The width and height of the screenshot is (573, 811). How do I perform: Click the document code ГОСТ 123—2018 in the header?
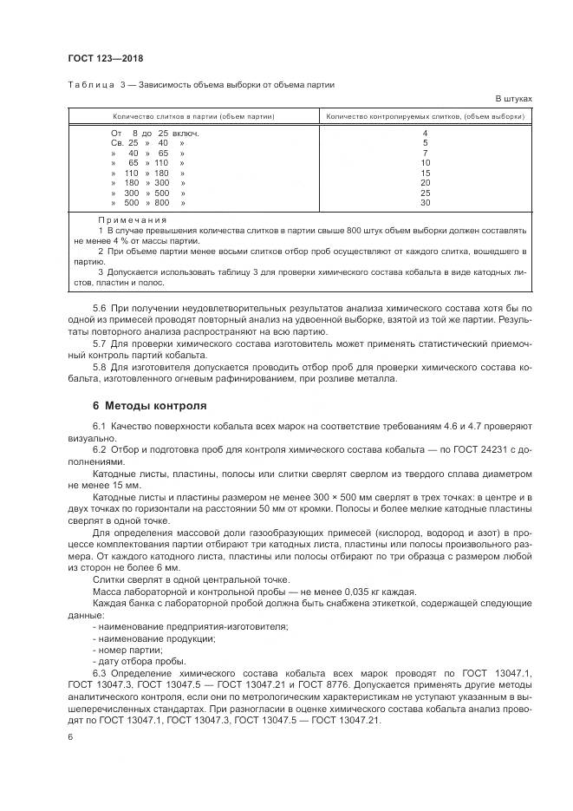point(105,58)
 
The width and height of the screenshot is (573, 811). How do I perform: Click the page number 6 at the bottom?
point(70,736)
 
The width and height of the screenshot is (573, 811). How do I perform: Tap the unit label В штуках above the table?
point(513,99)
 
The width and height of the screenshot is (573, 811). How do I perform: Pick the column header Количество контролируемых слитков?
point(425,115)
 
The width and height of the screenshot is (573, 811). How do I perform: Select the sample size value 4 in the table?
point(425,133)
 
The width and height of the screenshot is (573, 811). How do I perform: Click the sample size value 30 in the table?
point(425,203)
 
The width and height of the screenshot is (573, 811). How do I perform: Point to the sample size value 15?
point(425,173)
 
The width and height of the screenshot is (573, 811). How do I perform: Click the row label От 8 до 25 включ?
point(155,133)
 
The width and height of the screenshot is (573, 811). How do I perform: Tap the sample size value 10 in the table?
point(425,162)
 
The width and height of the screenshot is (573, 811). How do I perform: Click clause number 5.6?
point(99,309)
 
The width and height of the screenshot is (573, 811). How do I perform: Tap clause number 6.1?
point(99,428)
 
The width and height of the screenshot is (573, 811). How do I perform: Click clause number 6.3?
point(99,673)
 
